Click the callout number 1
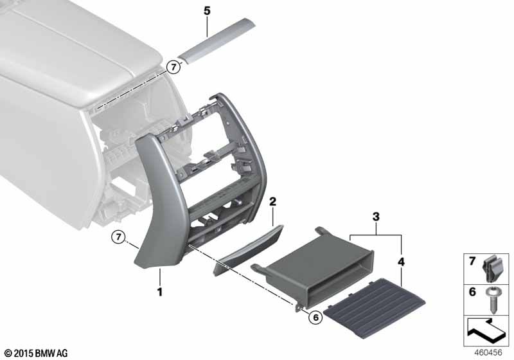point(160,291)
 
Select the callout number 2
point(272,202)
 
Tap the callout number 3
point(376,217)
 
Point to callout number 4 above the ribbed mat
point(401,262)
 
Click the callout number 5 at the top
point(207,11)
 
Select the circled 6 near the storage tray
point(315,317)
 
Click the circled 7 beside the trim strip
point(173,67)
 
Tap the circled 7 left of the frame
point(119,237)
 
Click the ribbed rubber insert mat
point(375,303)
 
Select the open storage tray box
point(312,267)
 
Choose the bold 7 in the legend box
point(472,261)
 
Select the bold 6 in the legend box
point(472,291)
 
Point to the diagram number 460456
point(488,352)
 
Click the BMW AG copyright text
point(37,353)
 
